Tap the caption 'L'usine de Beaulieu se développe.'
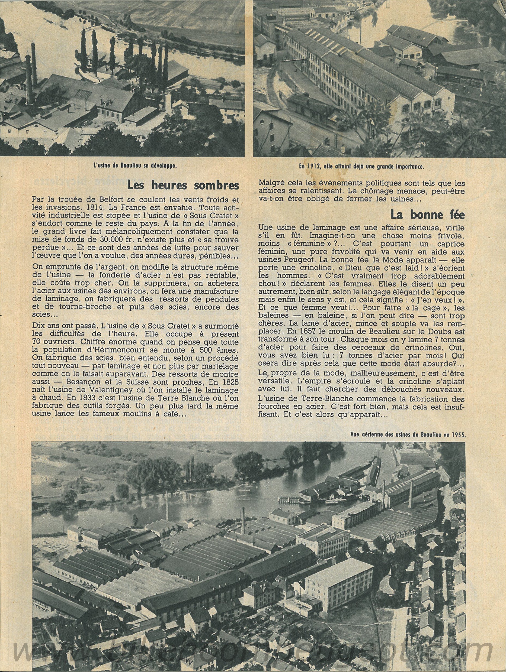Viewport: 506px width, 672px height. [x=135, y=166]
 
